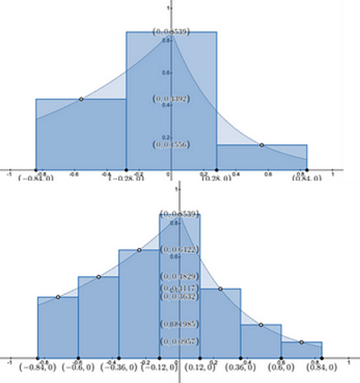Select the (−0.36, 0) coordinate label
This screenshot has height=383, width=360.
click(x=119, y=367)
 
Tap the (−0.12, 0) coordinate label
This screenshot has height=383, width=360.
click(x=160, y=367)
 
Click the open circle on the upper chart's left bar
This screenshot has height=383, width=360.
click(x=81, y=99)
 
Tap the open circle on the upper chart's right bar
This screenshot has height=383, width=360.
click(x=261, y=145)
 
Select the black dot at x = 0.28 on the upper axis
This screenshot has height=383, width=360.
click(x=217, y=170)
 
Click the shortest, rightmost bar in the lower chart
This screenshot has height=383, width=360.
click(x=301, y=350)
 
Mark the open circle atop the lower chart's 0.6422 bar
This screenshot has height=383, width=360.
click(x=139, y=250)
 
